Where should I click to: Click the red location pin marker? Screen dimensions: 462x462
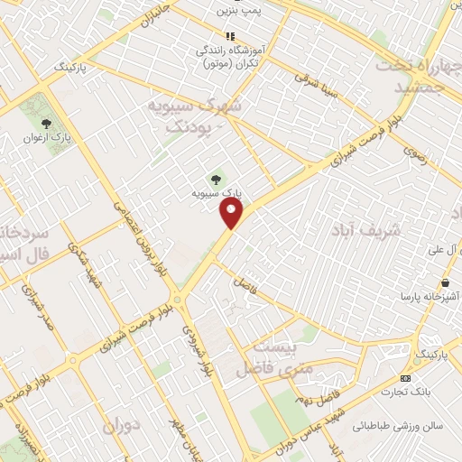[x=232, y=213]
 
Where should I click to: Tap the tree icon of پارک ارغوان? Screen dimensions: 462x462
[x=48, y=125]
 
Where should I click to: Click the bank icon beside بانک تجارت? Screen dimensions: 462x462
[x=405, y=377]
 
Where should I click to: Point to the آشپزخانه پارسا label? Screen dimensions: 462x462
[x=430, y=295]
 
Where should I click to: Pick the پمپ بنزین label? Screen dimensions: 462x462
[x=238, y=10]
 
